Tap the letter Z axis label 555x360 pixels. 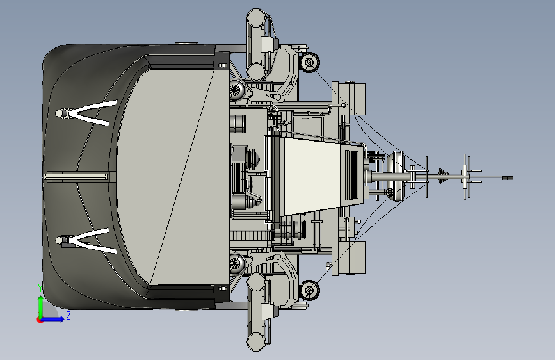(68, 315)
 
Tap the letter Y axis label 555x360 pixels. (40, 288)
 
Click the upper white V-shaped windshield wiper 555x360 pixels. (86, 113)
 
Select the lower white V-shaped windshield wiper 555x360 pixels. (86, 241)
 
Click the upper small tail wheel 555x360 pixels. (309, 62)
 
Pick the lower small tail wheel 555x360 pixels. (309, 290)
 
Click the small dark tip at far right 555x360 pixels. (508, 177)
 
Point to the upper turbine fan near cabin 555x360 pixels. (236, 90)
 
